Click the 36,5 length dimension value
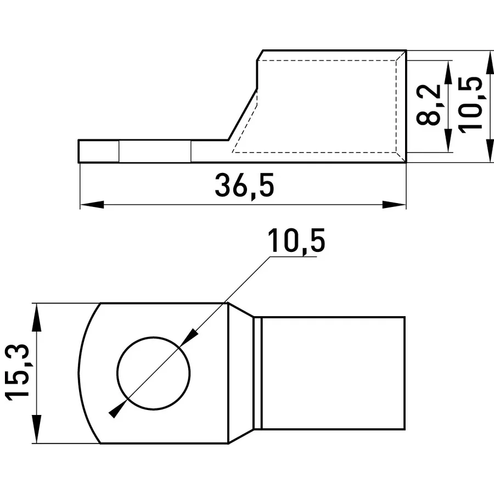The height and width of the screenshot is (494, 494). (244, 186)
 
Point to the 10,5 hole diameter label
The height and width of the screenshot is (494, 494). (296, 242)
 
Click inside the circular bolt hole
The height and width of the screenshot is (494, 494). (154, 373)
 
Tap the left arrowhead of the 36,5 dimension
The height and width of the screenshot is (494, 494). (92, 205)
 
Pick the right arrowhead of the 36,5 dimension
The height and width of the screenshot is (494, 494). (394, 205)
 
